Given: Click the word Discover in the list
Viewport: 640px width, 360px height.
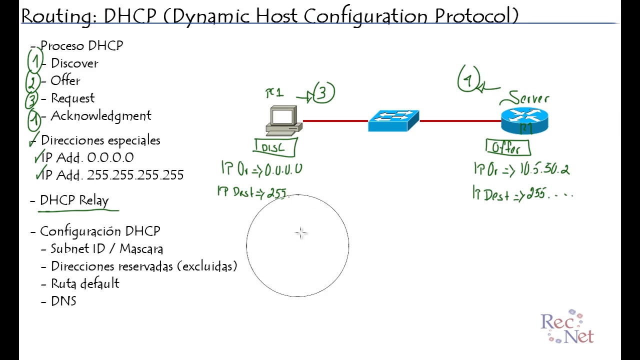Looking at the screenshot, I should point(74,63).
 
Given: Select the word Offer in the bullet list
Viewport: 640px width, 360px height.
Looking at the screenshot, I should point(65,80).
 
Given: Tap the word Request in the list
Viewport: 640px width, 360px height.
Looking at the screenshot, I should point(72,98).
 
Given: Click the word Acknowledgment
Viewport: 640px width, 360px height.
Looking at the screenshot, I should point(100,115).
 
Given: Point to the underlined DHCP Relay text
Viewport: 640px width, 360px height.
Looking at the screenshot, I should point(74,200).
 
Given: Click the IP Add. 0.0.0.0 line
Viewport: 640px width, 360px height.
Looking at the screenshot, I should point(87,157).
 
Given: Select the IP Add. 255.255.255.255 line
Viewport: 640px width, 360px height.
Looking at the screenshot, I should point(112,175).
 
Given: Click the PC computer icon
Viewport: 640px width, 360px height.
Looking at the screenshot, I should point(283,120).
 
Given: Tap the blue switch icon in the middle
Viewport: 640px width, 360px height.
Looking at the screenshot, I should point(393,121).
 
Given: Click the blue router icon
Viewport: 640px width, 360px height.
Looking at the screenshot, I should point(524,121).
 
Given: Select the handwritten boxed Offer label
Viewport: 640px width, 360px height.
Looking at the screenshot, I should point(507,148).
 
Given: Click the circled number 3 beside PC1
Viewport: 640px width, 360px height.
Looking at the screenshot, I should point(323,93).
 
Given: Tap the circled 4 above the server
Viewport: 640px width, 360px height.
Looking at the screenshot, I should point(468,80).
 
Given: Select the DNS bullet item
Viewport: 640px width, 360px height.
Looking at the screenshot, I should point(63,301).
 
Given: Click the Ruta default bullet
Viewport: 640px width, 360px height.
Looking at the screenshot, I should point(85,283).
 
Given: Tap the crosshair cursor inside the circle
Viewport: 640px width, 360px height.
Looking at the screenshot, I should point(300,233).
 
